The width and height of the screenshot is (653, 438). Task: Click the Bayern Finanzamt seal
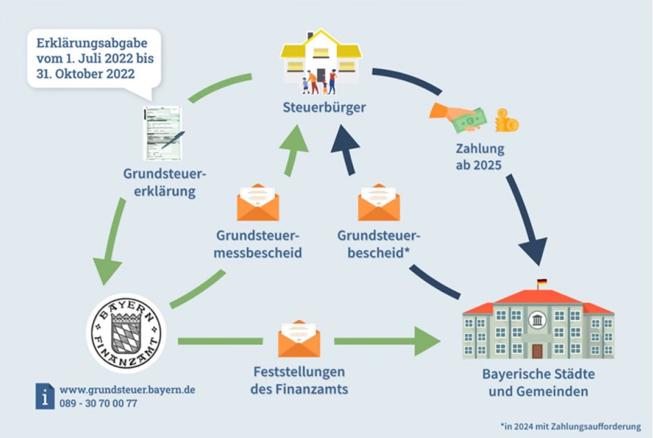(126, 333)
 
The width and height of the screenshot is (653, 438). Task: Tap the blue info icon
(45, 396)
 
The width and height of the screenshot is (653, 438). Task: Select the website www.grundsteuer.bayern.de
(128, 390)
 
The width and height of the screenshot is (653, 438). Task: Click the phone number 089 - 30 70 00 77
(98, 403)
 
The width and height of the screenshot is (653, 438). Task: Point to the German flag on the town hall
(542, 283)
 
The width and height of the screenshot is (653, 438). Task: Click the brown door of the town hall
(537, 351)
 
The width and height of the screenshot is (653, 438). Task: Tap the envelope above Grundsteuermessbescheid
(258, 202)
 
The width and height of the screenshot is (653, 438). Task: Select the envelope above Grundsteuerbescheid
(379, 202)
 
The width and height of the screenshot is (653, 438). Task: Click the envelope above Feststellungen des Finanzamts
(299, 338)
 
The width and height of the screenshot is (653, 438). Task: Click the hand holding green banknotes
(458, 117)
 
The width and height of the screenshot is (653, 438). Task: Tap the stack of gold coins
(506, 121)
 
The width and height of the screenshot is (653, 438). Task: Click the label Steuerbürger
(324, 107)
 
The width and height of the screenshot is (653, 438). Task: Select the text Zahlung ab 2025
(480, 156)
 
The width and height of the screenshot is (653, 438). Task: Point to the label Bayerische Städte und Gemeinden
(539, 382)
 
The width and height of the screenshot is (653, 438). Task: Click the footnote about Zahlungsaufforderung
(571, 426)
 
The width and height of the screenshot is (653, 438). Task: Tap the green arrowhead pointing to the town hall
(427, 341)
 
